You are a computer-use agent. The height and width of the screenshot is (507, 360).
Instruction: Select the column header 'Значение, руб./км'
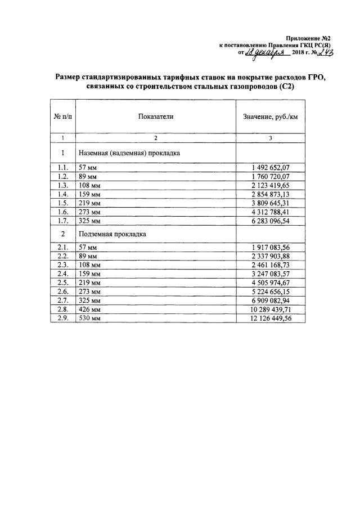[x=271, y=116]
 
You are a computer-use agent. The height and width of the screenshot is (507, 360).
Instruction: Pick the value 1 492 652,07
[x=270, y=168]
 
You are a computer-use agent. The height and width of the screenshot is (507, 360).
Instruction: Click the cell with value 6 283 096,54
[x=270, y=222]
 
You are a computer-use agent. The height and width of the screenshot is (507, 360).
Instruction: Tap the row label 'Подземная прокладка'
[x=112, y=234]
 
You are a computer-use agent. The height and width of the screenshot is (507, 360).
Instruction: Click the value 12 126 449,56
[x=270, y=318]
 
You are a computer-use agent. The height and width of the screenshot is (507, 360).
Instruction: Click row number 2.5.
[x=63, y=282]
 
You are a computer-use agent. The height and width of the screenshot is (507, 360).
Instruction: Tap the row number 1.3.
[x=63, y=186]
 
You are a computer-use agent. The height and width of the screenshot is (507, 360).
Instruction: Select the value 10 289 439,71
[x=270, y=309]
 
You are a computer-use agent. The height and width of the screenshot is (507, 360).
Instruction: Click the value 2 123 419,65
[x=270, y=186]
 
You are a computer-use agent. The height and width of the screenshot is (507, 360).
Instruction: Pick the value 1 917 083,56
[x=270, y=246]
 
